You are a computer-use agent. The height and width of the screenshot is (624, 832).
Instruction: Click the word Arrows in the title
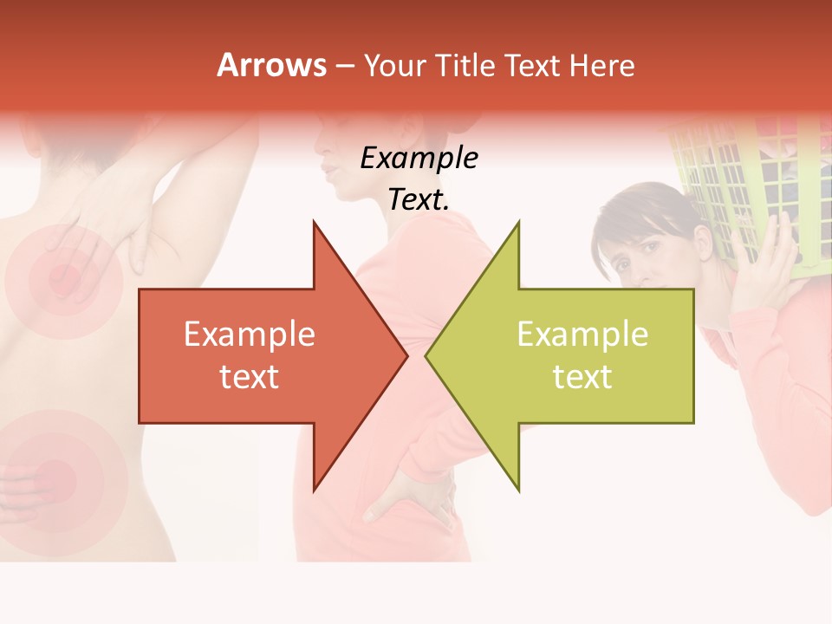click(x=271, y=65)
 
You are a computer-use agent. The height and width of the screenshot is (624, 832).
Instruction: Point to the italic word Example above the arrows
click(x=419, y=158)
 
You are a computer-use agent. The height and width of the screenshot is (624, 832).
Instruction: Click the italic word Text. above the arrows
click(x=419, y=199)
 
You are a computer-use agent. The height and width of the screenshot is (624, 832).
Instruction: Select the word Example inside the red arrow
click(x=250, y=335)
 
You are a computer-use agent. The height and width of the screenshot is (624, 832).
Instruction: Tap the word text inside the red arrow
click(x=250, y=377)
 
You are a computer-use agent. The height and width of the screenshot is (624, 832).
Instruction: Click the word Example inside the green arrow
click(x=582, y=335)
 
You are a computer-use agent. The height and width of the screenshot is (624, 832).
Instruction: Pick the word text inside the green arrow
click(x=582, y=377)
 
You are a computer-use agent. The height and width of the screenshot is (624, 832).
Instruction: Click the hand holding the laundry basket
click(x=776, y=256)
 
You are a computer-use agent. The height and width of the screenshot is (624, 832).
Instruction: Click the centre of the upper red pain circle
click(x=62, y=279)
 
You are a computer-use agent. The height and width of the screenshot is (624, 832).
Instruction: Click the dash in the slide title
click(x=344, y=66)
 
